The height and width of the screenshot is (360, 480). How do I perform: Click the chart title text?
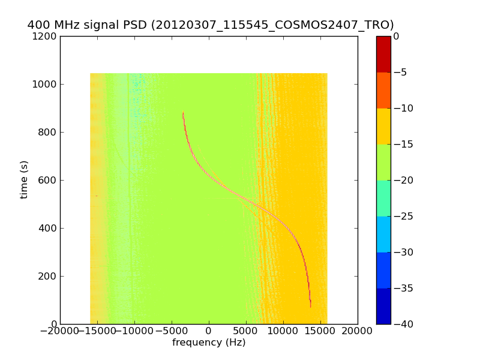click(x=211, y=25)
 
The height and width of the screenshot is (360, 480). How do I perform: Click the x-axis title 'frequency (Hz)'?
click(x=209, y=343)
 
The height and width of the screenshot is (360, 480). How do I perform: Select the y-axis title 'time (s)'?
click(x=24, y=179)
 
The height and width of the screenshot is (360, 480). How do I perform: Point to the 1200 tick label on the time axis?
click(x=45, y=37)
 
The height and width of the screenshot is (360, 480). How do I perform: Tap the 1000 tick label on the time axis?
click(x=45, y=85)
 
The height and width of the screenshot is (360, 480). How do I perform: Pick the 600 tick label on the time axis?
click(x=47, y=181)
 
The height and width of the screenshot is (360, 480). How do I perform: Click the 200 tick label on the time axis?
click(x=47, y=277)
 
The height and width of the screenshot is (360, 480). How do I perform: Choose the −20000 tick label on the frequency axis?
click(x=60, y=331)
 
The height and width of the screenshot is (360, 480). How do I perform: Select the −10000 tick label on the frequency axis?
click(x=134, y=331)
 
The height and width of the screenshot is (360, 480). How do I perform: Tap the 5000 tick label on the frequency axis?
click(x=246, y=331)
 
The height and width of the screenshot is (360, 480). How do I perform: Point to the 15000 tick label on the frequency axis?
click(x=320, y=331)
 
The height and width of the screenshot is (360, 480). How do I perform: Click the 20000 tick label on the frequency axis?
click(x=358, y=331)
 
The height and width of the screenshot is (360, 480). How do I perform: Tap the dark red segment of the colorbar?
click(x=383, y=54)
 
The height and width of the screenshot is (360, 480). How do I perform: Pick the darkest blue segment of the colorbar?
click(x=383, y=306)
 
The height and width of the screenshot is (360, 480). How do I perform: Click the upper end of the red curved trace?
click(x=183, y=113)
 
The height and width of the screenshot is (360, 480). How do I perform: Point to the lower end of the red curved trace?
click(x=310, y=307)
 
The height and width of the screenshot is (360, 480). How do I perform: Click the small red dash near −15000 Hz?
click(x=97, y=196)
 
